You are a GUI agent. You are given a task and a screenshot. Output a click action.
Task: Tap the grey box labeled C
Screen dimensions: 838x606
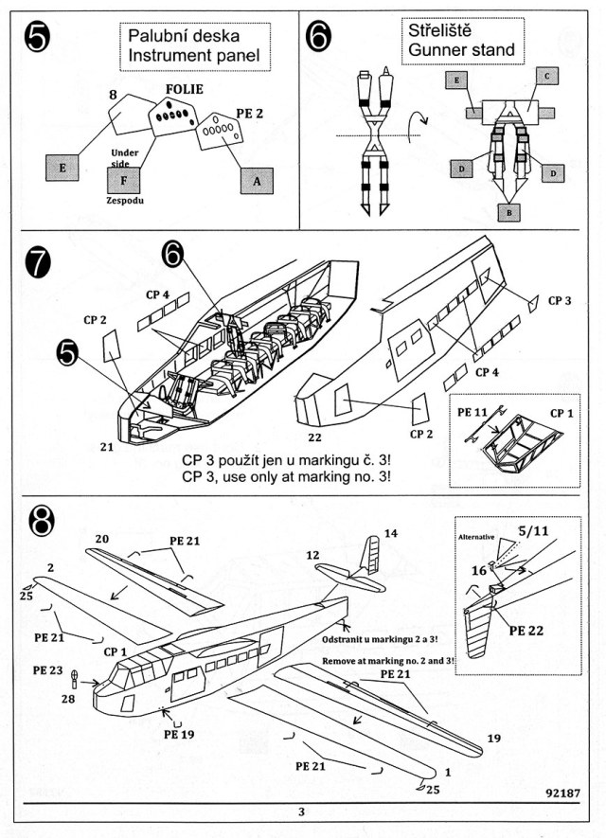[x=548, y=76]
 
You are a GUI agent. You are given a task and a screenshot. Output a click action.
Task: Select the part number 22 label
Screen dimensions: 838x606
[x=314, y=437]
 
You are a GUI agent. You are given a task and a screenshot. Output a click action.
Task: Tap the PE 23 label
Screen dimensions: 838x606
[x=47, y=669]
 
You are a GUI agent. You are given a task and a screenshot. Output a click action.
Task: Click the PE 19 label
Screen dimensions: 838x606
[x=178, y=733]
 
